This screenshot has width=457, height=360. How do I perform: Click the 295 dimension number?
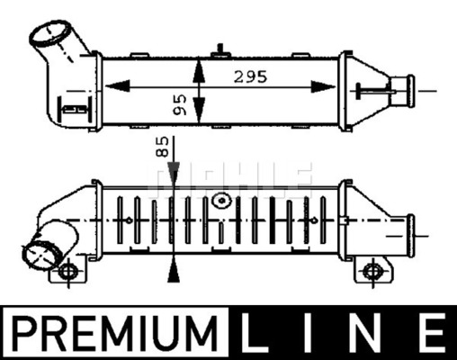click(x=250, y=76)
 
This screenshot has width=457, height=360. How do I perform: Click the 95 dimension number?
click(x=180, y=104)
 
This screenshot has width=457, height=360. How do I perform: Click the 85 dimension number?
click(x=162, y=147)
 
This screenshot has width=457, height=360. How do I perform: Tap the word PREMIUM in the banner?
click(x=114, y=333)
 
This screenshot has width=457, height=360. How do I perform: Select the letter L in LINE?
click(x=255, y=333)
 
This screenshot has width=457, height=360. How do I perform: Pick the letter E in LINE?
click(x=433, y=333)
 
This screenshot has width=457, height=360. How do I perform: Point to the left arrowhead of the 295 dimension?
click(x=118, y=86)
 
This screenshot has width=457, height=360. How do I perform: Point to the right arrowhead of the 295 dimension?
click(x=323, y=86)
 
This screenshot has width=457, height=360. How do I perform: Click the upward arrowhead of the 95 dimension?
click(x=199, y=71)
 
